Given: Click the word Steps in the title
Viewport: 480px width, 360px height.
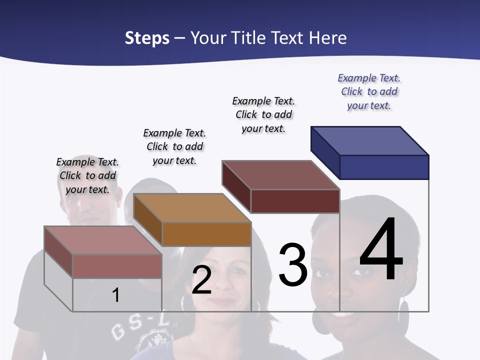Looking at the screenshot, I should (x=147, y=38).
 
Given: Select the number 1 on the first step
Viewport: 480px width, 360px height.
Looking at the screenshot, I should (x=115, y=295).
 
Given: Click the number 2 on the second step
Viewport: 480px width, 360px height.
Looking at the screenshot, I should (x=201, y=280).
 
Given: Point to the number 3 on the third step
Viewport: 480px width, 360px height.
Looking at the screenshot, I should (x=293, y=265).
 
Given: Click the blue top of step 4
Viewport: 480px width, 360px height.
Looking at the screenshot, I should (x=370, y=141).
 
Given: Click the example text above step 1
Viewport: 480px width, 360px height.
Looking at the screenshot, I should (x=87, y=175).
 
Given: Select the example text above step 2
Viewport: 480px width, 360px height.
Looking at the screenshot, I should (x=174, y=146).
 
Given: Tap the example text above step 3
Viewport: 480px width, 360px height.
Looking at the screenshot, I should (x=263, y=114).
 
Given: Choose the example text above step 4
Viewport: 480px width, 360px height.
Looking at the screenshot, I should (x=369, y=91).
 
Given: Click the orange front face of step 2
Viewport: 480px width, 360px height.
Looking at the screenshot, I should (x=206, y=234).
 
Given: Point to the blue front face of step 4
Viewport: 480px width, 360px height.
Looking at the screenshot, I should (x=384, y=167).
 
